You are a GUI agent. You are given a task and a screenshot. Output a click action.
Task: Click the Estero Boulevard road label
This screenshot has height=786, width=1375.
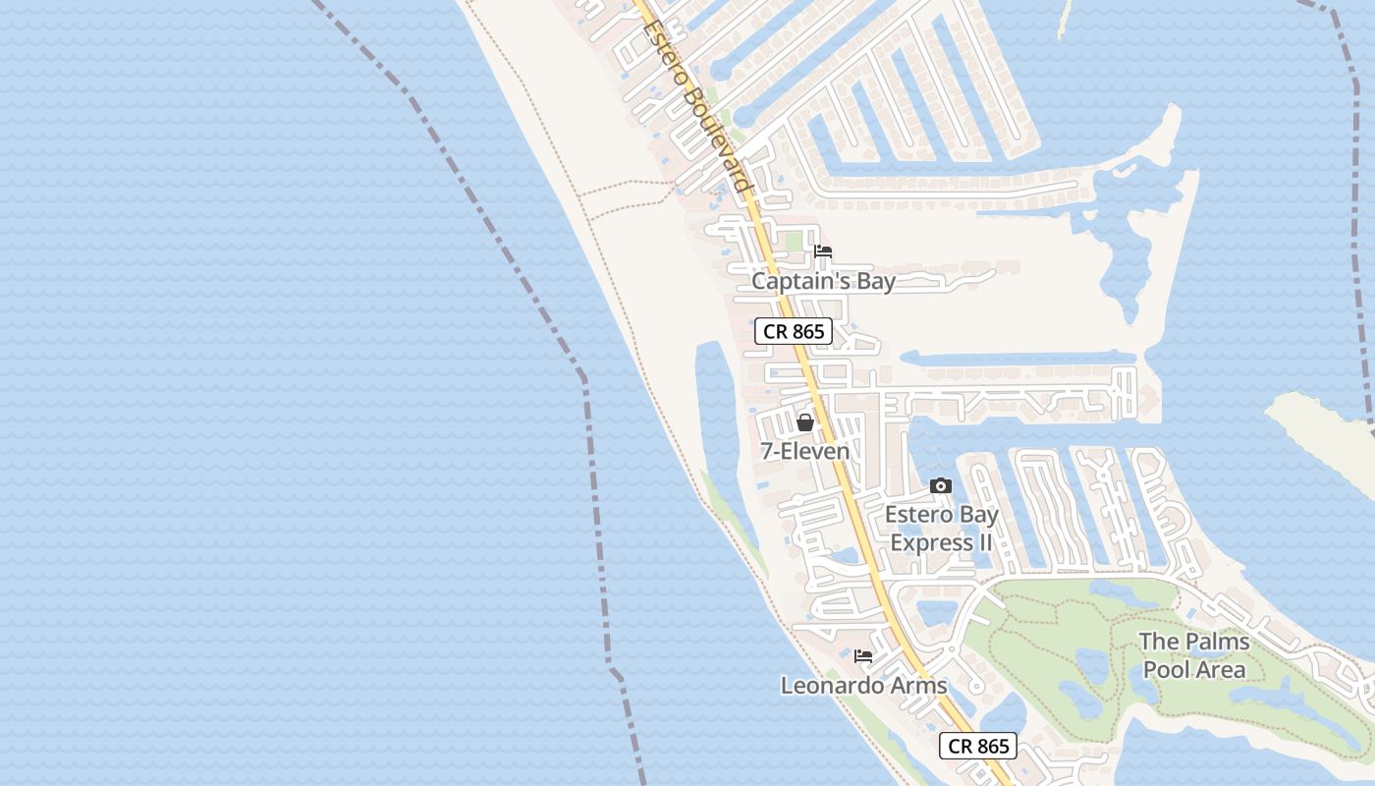(696, 106)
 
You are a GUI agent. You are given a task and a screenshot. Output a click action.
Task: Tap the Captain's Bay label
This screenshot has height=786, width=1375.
(823, 282)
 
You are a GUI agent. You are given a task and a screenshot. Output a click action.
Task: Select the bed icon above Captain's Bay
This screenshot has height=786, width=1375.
(823, 253)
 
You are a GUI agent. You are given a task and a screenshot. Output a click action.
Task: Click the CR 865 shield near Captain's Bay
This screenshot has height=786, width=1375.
(794, 332)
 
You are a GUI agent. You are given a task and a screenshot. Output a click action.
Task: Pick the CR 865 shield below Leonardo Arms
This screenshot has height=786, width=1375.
(978, 747)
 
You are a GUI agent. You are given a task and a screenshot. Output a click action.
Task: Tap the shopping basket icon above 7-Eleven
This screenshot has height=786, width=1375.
(805, 423)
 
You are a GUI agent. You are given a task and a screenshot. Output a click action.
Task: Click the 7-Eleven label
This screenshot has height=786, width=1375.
(805, 452)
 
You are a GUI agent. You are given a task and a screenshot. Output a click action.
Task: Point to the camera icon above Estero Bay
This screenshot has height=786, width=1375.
(941, 486)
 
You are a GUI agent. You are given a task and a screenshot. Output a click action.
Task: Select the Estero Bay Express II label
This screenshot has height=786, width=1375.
(941, 529)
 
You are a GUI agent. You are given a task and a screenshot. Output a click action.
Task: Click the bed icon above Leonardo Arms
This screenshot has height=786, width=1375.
(863, 656)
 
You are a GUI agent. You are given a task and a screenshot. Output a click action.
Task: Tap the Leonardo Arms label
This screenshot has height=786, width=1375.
(863, 686)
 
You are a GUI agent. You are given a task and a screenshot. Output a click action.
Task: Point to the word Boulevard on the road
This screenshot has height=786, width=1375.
(714, 138)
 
